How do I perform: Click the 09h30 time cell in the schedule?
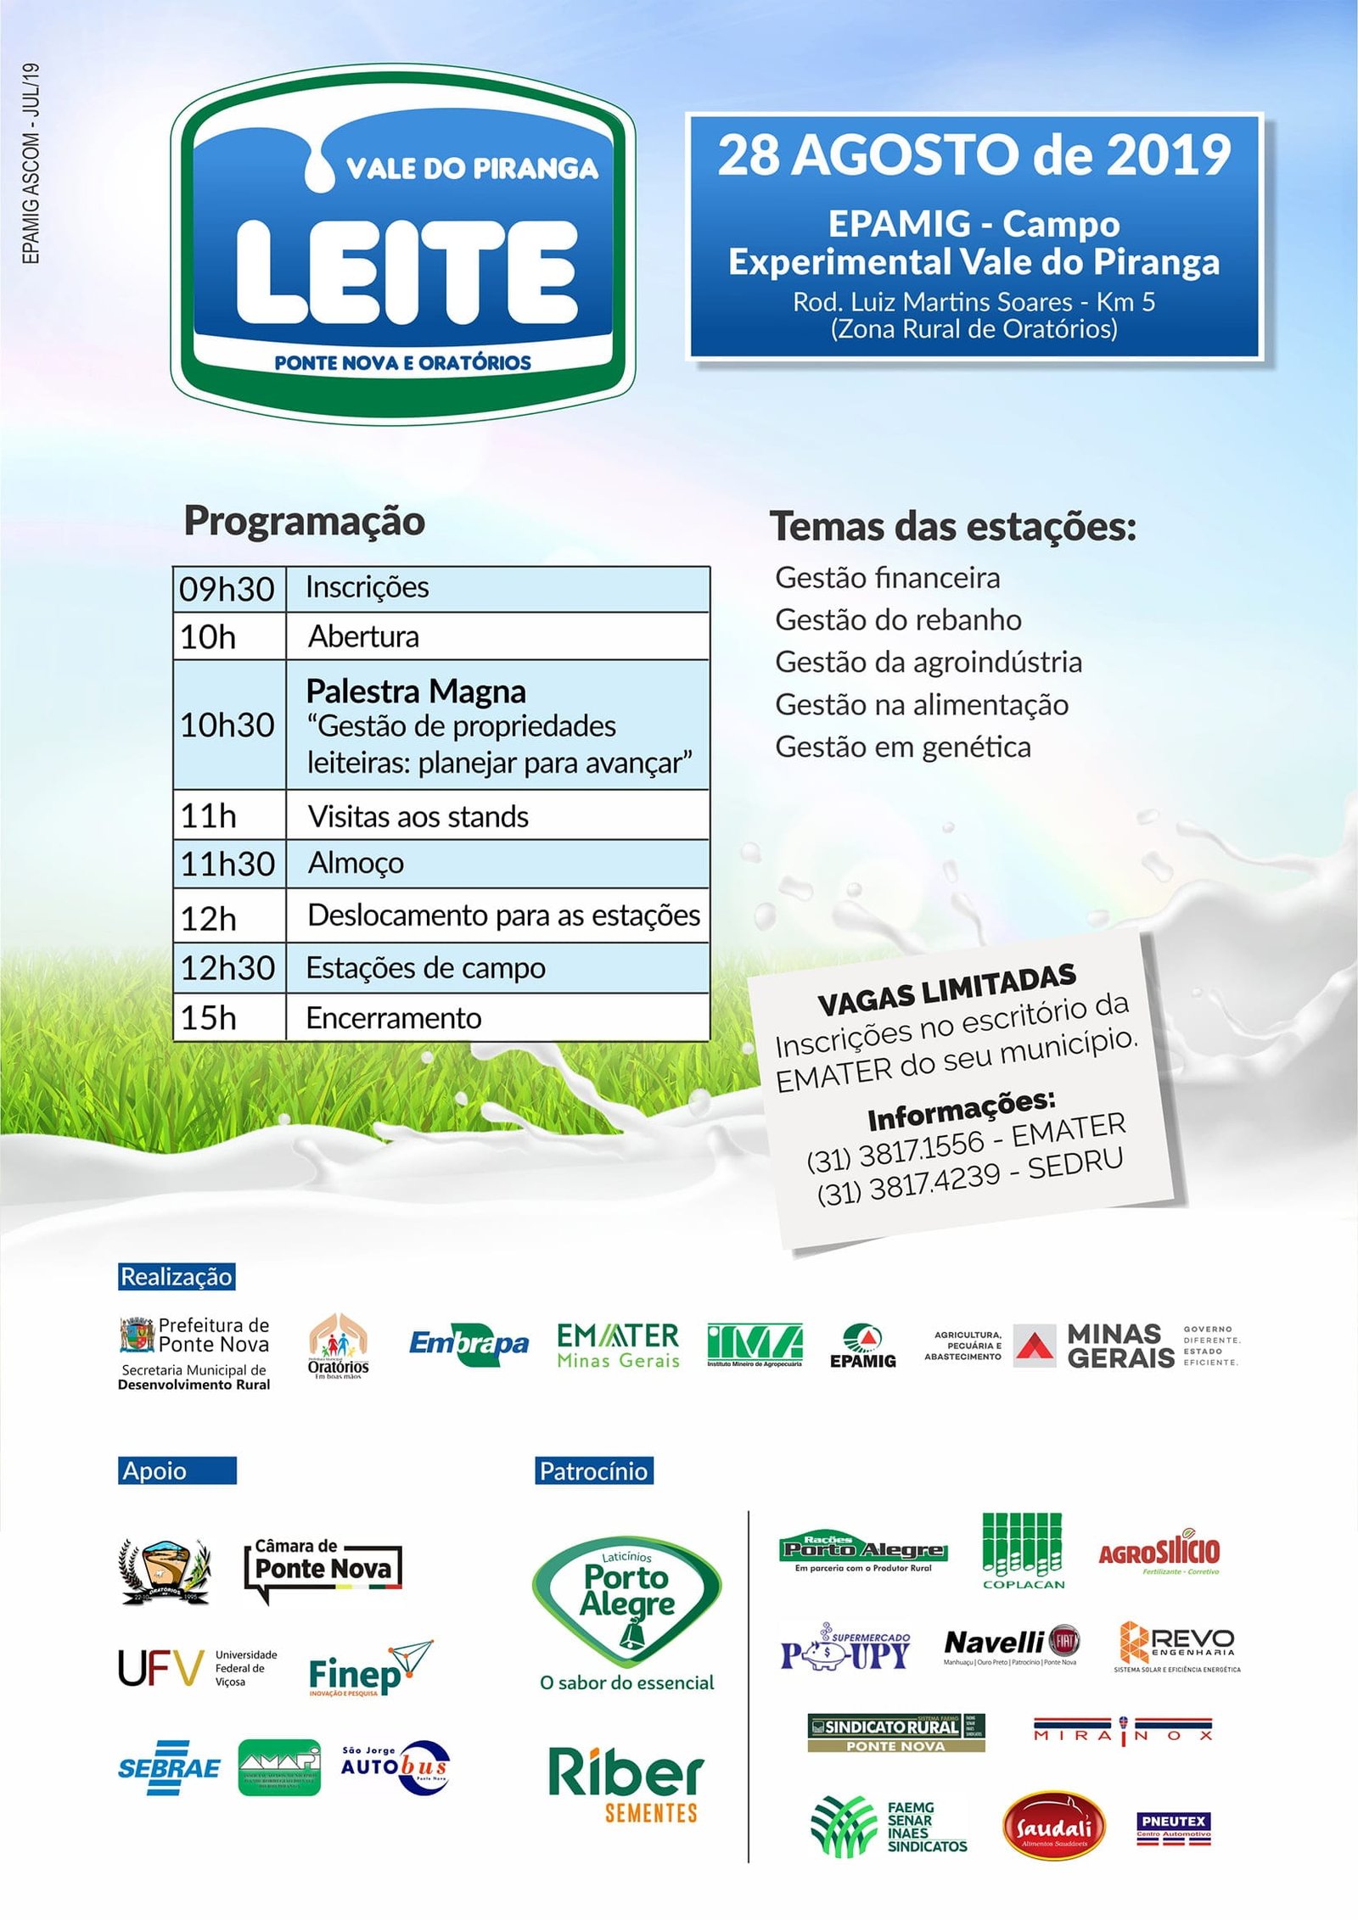click(227, 589)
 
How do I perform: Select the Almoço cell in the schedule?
click(356, 863)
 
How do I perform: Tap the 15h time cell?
click(209, 1017)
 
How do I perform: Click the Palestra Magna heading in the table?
click(416, 691)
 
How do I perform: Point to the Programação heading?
click(305, 521)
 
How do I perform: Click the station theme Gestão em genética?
click(903, 747)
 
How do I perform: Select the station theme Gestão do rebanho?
click(898, 620)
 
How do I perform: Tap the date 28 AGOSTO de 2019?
click(974, 155)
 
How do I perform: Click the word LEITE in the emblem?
click(406, 273)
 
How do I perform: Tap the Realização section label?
click(176, 1276)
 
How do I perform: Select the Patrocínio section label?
click(593, 1470)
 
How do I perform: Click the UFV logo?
click(197, 1668)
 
